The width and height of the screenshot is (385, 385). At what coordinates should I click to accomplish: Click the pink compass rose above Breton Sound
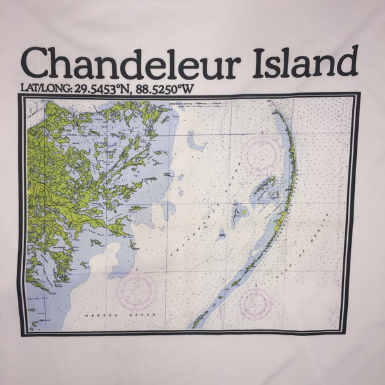pyautogui.click(x=136, y=291)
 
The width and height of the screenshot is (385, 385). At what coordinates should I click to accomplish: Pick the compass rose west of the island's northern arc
pyautogui.click(x=262, y=153)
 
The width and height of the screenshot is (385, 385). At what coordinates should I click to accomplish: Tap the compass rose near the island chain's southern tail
pyautogui.click(x=255, y=302)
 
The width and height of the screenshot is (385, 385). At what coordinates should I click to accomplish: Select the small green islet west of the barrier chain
pyautogui.click(x=243, y=211)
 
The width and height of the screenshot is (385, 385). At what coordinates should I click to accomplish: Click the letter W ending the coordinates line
pyautogui.click(x=187, y=89)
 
